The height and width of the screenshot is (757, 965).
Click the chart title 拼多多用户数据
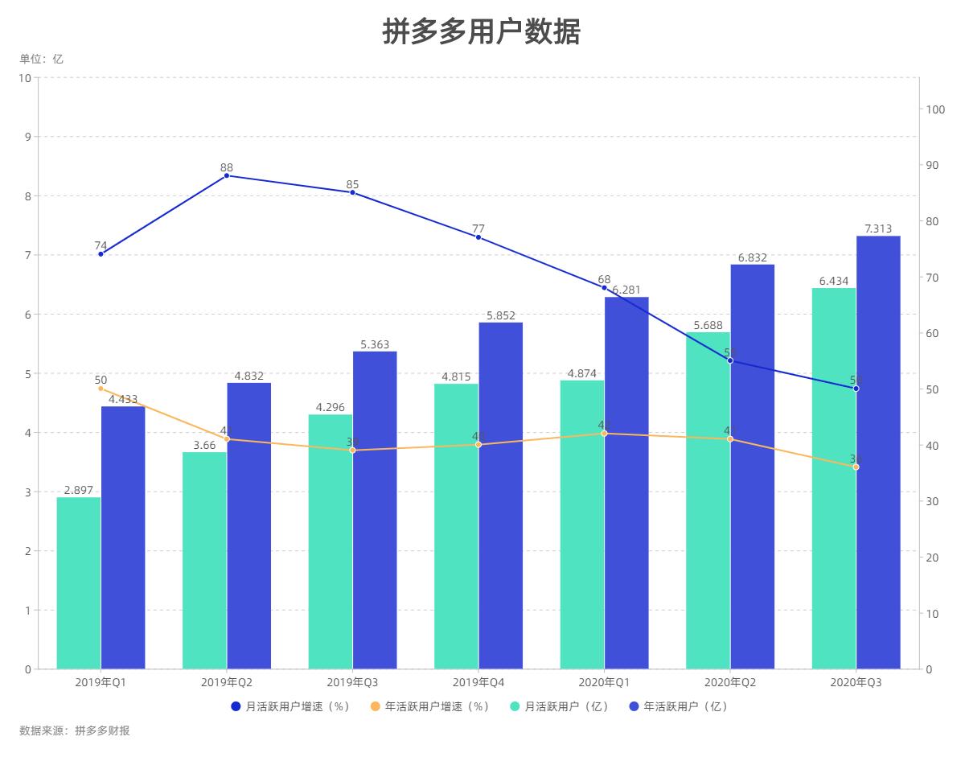[x=481, y=32]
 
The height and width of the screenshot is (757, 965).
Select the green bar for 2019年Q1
[x=79, y=582]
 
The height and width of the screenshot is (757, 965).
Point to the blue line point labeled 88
[x=227, y=175]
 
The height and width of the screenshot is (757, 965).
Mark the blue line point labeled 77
[x=478, y=237]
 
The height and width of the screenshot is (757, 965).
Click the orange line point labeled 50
[x=101, y=389]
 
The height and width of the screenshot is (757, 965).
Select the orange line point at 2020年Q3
[x=856, y=467]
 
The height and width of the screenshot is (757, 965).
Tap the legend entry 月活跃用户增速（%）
[x=289, y=706]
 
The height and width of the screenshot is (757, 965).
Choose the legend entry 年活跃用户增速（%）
[x=429, y=706]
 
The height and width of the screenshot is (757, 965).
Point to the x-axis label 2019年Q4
[x=478, y=682]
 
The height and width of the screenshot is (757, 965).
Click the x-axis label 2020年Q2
[x=730, y=682]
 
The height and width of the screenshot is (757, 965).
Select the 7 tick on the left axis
[x=27, y=255]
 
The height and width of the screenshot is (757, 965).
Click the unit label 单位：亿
[x=41, y=59]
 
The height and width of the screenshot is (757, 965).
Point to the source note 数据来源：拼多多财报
[x=74, y=730]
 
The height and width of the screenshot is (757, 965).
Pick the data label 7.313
[x=878, y=229]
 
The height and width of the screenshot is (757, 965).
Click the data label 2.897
[x=79, y=490]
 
